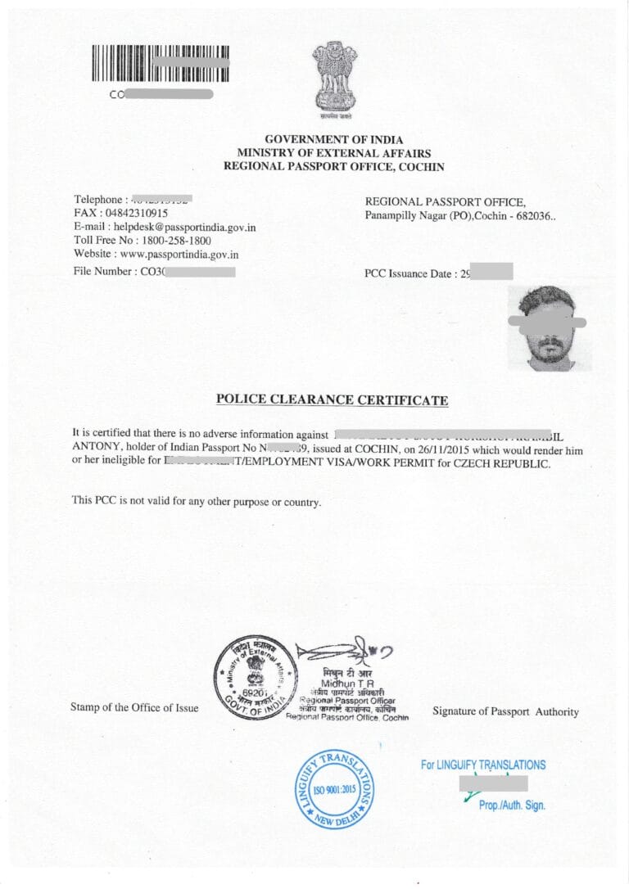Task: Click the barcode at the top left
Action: tap(160, 64)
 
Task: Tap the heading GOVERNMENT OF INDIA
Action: tap(334, 140)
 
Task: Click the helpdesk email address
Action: tap(183, 227)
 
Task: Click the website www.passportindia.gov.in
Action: tap(179, 255)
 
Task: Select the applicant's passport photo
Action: tap(549, 327)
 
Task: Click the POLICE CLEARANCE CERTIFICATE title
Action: tap(332, 400)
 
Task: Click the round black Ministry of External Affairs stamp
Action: tap(255, 677)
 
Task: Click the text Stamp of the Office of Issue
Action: tap(134, 707)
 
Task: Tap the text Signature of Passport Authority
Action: tap(505, 712)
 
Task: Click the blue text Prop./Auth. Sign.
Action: tap(512, 806)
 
